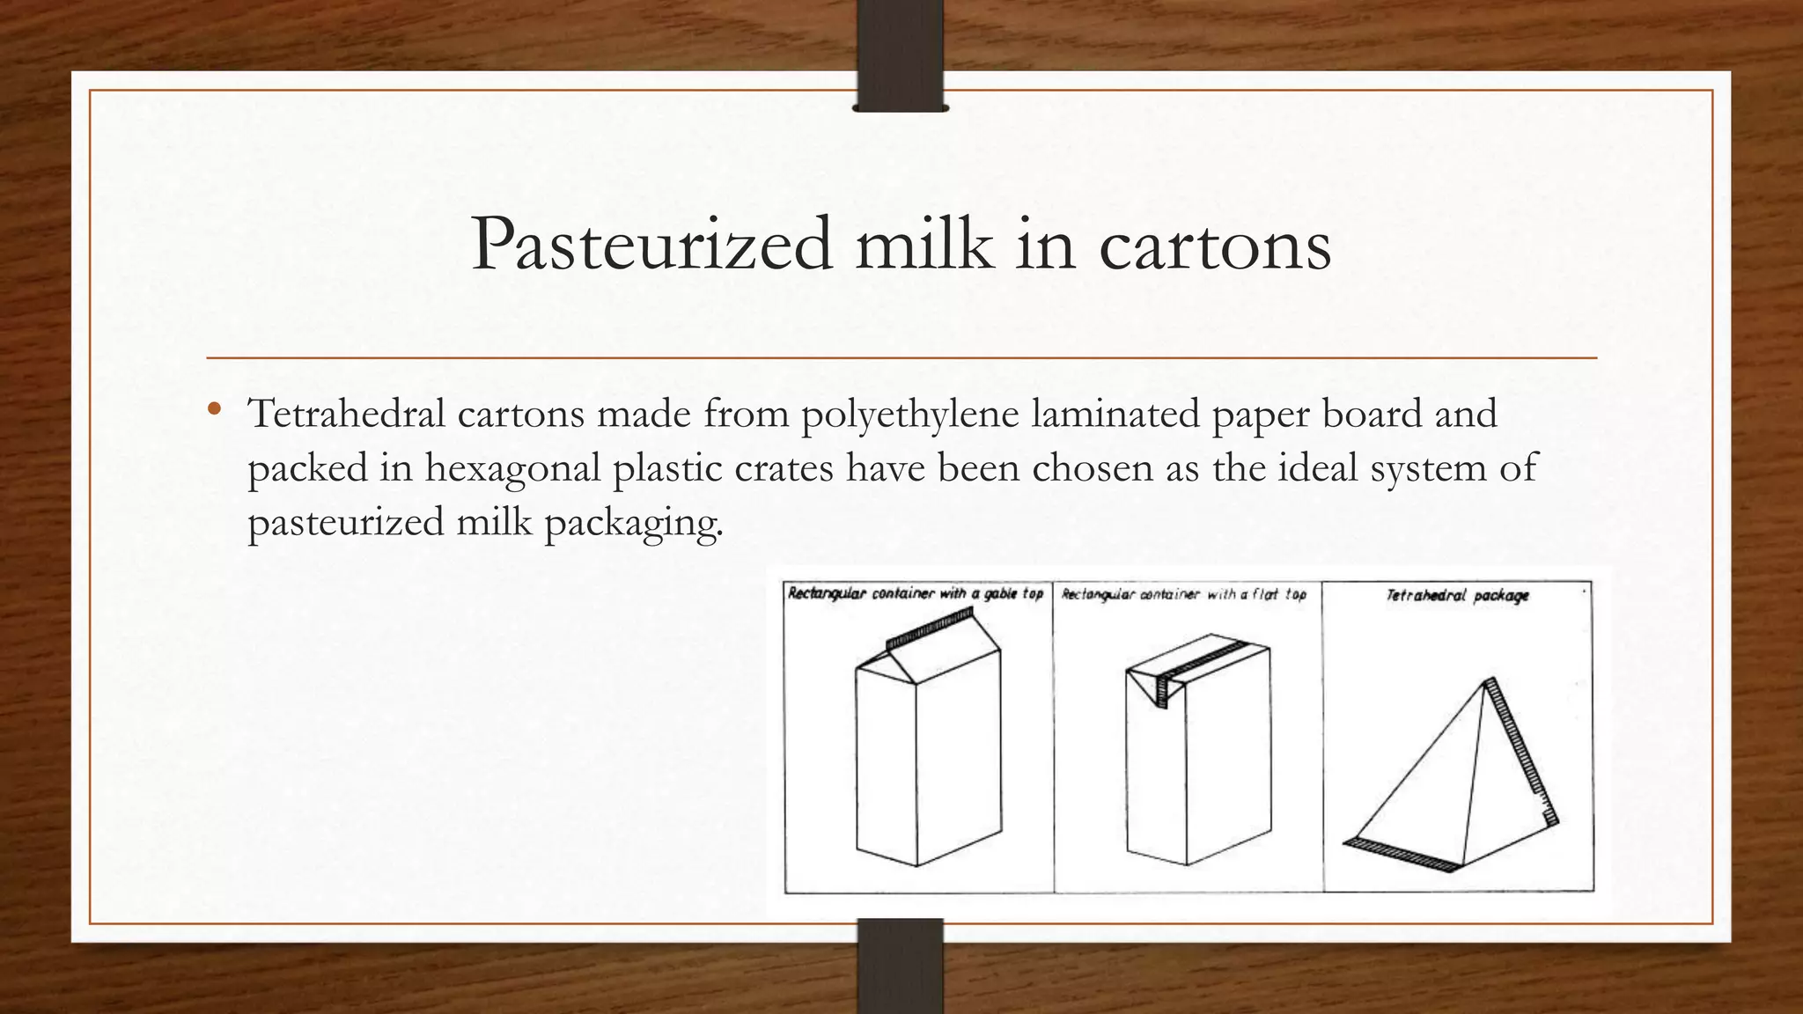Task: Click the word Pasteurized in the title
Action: pyautogui.click(x=651, y=245)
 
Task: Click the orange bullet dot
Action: pyautogui.click(x=213, y=409)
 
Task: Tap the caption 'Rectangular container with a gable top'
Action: pyautogui.click(x=916, y=594)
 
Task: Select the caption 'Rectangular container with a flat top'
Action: pyautogui.click(x=1184, y=595)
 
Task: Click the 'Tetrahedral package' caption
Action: pyautogui.click(x=1457, y=596)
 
